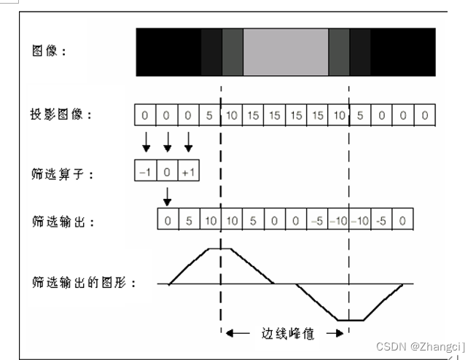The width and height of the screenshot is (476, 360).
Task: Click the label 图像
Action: [50, 52]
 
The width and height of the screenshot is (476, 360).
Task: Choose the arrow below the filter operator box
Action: [167, 195]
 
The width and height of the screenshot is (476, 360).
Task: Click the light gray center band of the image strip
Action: [286, 52]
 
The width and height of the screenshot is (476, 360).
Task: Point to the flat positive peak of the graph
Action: [220, 249]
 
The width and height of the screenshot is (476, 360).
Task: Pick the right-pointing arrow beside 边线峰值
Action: [334, 334]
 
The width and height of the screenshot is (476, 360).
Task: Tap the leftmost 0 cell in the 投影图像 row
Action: [146, 115]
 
